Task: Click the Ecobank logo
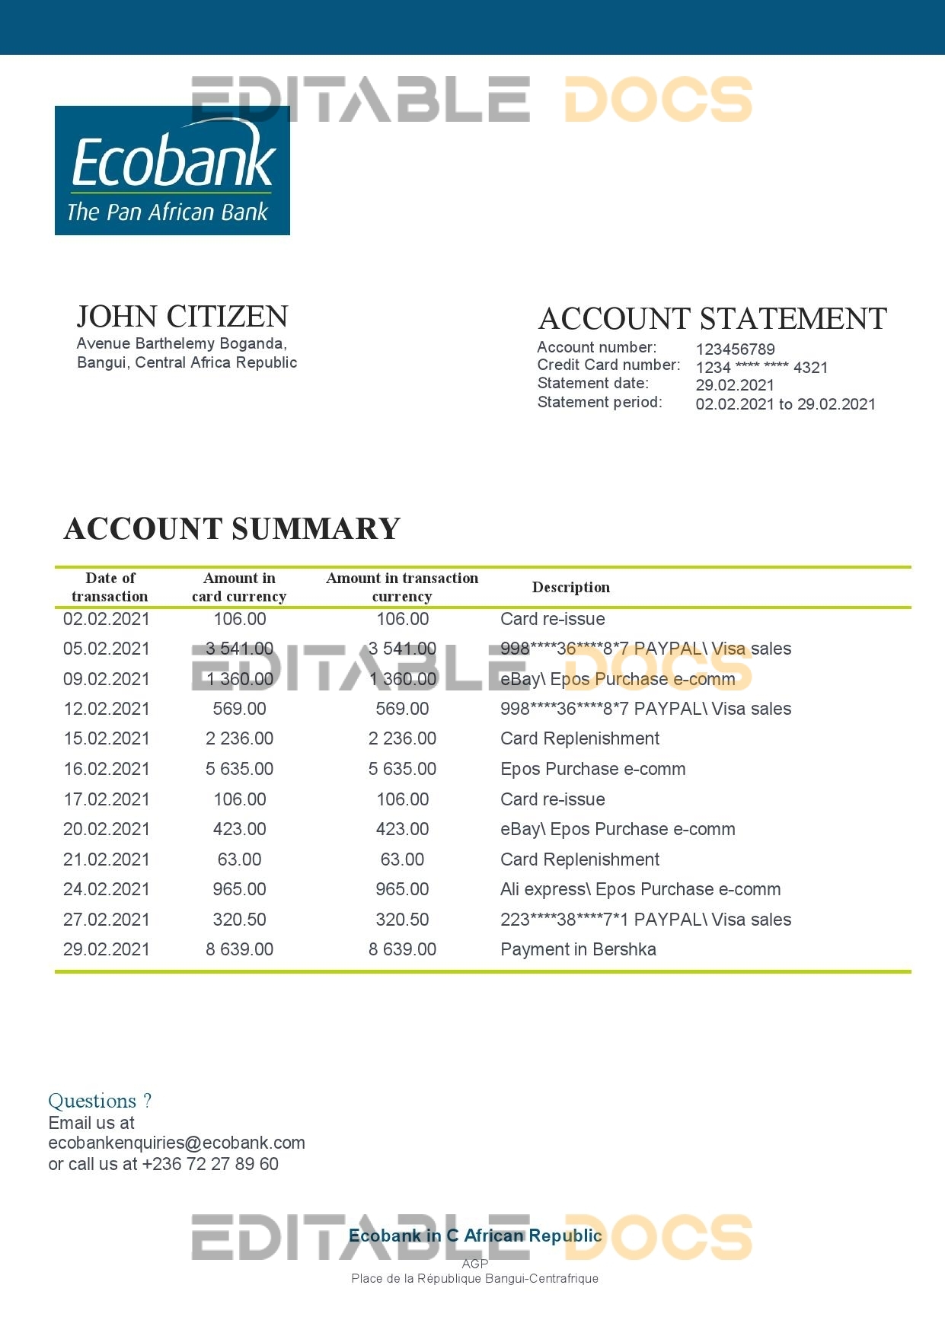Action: click(172, 171)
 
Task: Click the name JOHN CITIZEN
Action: click(182, 317)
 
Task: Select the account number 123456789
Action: click(735, 349)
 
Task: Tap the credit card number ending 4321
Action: click(761, 368)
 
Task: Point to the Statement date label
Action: click(592, 384)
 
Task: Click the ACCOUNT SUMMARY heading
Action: click(232, 529)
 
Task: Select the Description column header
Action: click(570, 587)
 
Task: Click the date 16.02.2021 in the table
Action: click(107, 769)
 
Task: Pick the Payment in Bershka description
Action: click(578, 949)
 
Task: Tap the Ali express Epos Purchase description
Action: click(640, 889)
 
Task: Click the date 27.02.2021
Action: click(107, 920)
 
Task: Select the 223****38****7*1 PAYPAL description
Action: click(645, 920)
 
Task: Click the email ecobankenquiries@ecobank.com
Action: click(177, 1143)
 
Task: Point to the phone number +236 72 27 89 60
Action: click(210, 1164)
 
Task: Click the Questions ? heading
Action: click(100, 1101)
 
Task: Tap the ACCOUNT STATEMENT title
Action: click(712, 319)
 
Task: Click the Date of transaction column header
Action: click(110, 587)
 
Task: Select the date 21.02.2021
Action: click(107, 859)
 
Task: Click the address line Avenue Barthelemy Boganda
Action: click(181, 344)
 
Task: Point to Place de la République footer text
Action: click(474, 1278)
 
